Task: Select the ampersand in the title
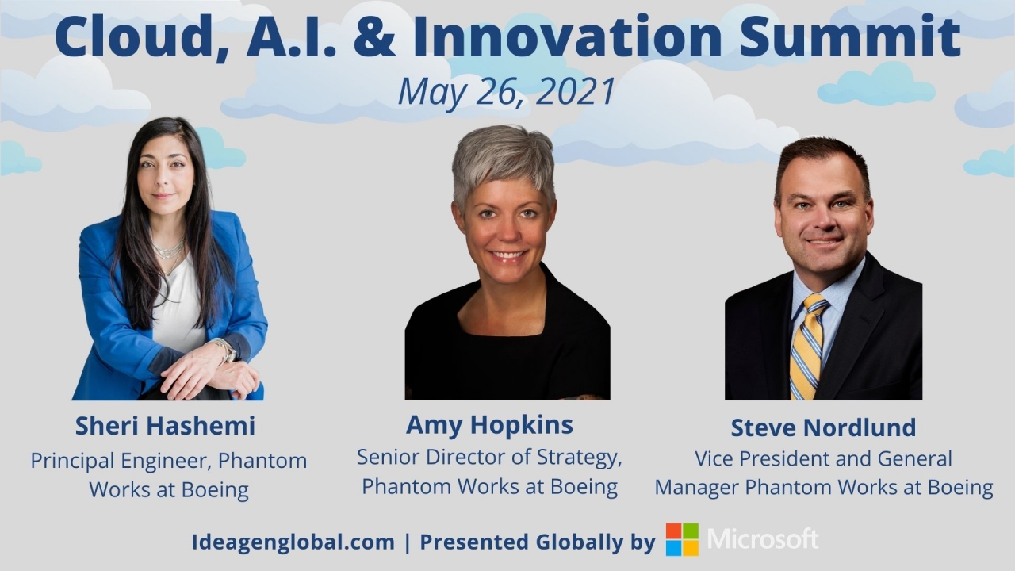pos(374,37)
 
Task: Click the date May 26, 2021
pos(507,92)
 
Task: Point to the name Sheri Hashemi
pos(166,426)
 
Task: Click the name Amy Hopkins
pos(489,425)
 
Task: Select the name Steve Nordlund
pos(823,427)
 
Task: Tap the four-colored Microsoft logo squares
pos(682,539)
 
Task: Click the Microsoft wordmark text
pos(763,538)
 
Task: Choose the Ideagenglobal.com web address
pos(293,542)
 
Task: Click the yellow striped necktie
pos(807,347)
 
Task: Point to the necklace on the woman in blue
pos(169,253)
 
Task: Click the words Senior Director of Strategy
pos(489,458)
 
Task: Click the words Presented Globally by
pos(538,542)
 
